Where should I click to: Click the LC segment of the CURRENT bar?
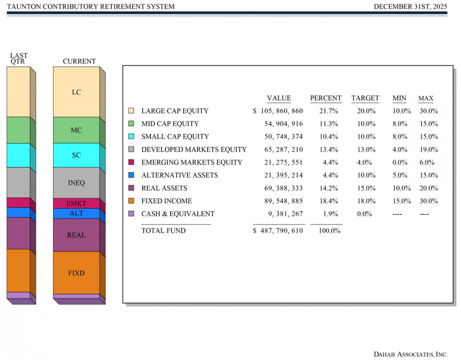[x=76, y=92]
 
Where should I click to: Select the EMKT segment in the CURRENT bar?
[x=76, y=203]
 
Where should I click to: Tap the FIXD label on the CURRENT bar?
[x=76, y=273]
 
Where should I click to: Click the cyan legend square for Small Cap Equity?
[x=131, y=136]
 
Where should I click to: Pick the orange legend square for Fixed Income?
[x=131, y=201]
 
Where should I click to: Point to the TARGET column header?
[x=365, y=98]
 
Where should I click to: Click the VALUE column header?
[x=279, y=98]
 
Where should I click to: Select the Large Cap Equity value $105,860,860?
[x=278, y=111]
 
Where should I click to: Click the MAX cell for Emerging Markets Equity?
[x=427, y=162]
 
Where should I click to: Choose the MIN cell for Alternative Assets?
[x=400, y=175]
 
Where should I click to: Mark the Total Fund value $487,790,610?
[x=278, y=231]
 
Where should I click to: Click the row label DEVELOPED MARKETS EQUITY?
[x=194, y=149]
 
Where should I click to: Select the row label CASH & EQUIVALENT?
[x=177, y=214]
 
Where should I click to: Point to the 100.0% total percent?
[x=329, y=231]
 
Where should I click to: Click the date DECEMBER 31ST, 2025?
[x=410, y=7]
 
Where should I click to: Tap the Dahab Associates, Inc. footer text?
[x=410, y=354]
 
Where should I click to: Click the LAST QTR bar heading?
[x=19, y=58]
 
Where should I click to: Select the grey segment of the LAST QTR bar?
[x=18, y=182]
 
